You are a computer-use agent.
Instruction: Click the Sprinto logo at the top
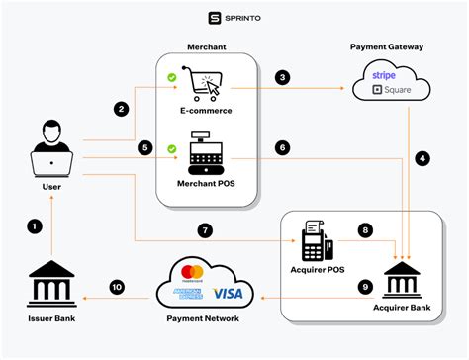pyautogui.click(x=234, y=17)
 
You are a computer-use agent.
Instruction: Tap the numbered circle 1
pyautogui.click(x=36, y=226)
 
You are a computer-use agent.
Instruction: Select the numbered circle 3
pyautogui.click(x=283, y=77)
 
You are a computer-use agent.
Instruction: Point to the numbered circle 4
pyautogui.click(x=423, y=156)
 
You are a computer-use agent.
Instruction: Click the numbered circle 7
pyautogui.click(x=204, y=230)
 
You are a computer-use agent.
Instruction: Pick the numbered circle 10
pyautogui.click(x=117, y=288)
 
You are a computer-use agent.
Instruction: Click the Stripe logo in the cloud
pyautogui.click(x=383, y=74)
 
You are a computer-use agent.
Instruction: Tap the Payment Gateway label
pyautogui.click(x=388, y=46)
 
